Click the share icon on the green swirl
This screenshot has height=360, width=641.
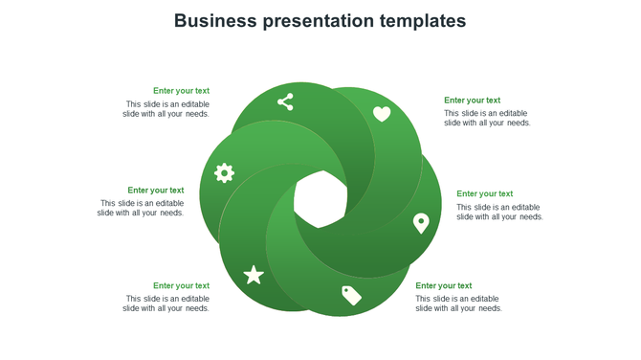[285, 101]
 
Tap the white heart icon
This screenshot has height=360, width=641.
[382, 114]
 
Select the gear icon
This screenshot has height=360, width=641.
[224, 173]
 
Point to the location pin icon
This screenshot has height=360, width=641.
[421, 223]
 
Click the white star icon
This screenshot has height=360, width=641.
[254, 276]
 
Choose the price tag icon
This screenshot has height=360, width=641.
[351, 295]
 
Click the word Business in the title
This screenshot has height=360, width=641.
[214, 21]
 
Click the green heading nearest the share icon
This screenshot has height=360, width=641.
[181, 91]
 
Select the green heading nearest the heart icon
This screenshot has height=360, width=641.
[472, 101]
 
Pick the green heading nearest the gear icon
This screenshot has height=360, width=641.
[155, 191]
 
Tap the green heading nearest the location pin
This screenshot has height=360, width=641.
[484, 194]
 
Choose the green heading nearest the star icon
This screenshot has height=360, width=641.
[181, 285]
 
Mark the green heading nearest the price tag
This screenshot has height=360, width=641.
[443, 285]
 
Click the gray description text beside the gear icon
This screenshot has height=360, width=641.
[141, 208]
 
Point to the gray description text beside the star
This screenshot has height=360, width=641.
[166, 304]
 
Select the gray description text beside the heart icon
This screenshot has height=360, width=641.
[487, 118]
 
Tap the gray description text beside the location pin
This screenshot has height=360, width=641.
[499, 212]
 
